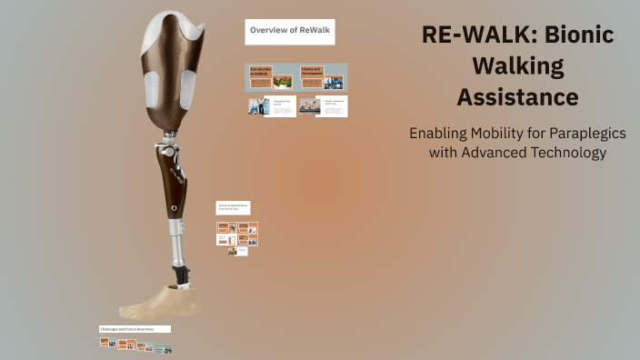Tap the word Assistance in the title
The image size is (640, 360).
tap(517, 96)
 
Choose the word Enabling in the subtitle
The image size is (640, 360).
tap(439, 133)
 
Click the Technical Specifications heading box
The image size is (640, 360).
tap(233, 207)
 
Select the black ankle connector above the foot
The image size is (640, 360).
tap(182, 273)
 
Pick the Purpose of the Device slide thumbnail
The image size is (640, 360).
tap(272, 105)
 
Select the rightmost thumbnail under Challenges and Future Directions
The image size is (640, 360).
tap(165, 348)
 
